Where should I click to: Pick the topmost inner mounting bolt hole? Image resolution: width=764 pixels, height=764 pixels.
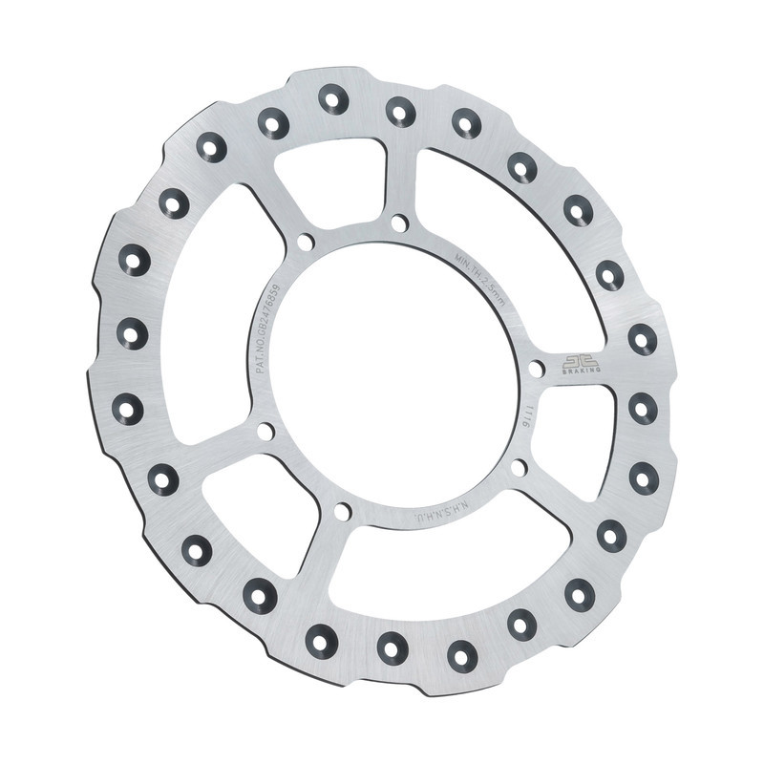[399, 223]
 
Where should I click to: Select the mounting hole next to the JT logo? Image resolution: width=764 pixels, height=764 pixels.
[537, 368]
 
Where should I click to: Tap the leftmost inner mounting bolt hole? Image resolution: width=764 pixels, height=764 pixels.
[265, 432]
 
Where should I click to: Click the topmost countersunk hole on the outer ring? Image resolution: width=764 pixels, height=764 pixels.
[333, 97]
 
